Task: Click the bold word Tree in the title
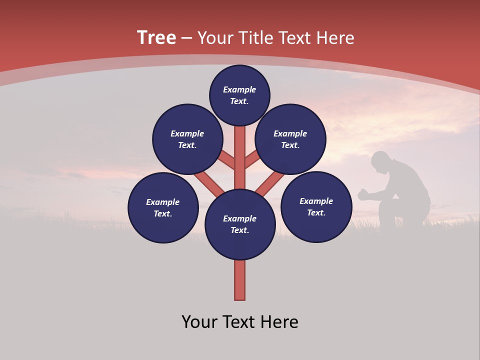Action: [156, 38]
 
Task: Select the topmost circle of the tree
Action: [239, 95]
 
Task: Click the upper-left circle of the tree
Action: [187, 139]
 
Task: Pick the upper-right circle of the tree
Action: [290, 139]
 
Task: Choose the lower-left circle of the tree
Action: [163, 207]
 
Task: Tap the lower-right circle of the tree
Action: [316, 206]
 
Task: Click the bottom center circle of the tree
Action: [240, 224]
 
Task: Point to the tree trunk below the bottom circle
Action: [240, 280]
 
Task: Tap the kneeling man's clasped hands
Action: [362, 194]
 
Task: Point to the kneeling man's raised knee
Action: [387, 202]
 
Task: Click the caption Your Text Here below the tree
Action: [240, 322]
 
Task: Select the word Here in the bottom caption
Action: [280, 322]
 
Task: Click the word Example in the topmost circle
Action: [239, 89]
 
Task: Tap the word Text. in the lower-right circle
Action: [316, 212]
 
